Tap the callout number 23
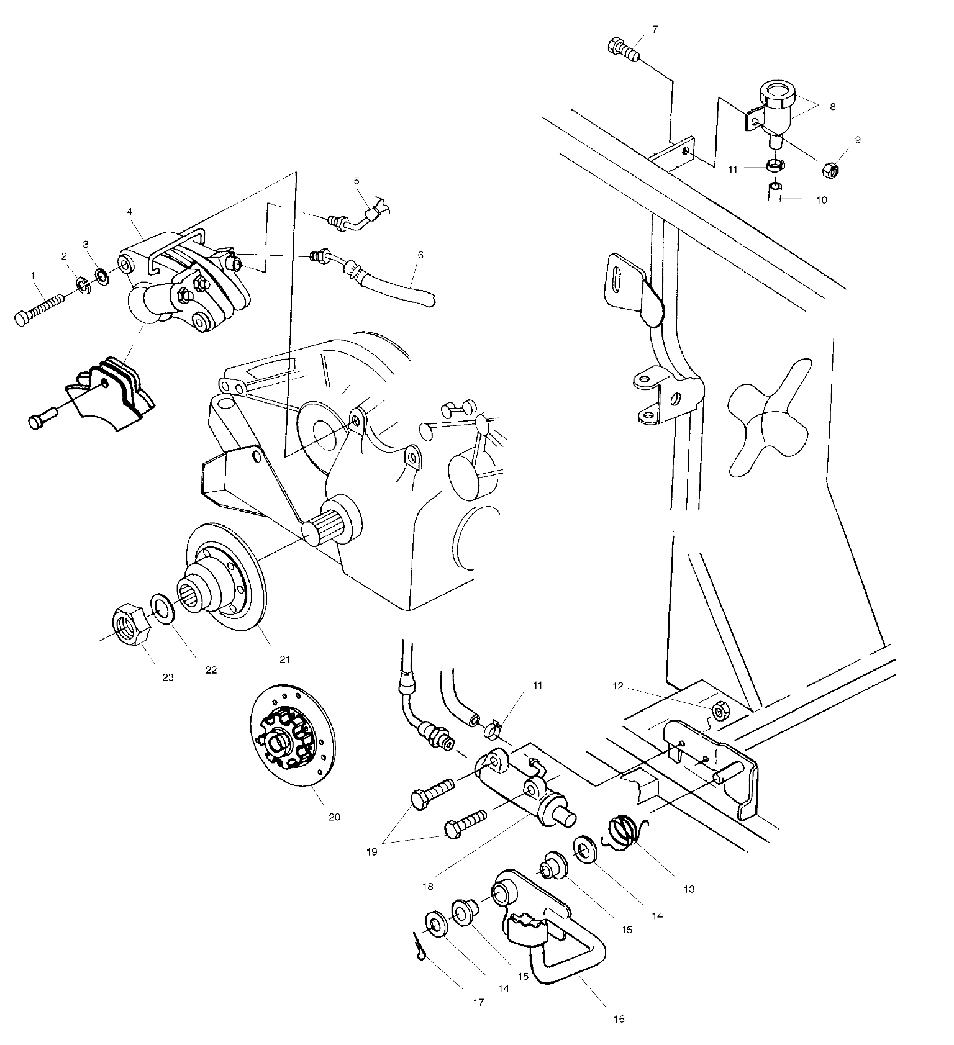[x=168, y=677]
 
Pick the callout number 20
[x=334, y=817]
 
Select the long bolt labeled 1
[x=39, y=309]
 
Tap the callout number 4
[x=130, y=211]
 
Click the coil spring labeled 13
[x=627, y=831]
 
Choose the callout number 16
[x=619, y=1019]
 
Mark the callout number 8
[x=832, y=106]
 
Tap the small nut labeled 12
[x=720, y=711]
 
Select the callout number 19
[x=371, y=852]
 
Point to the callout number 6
[x=420, y=255]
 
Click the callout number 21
[x=284, y=659]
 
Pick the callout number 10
[x=821, y=201]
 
